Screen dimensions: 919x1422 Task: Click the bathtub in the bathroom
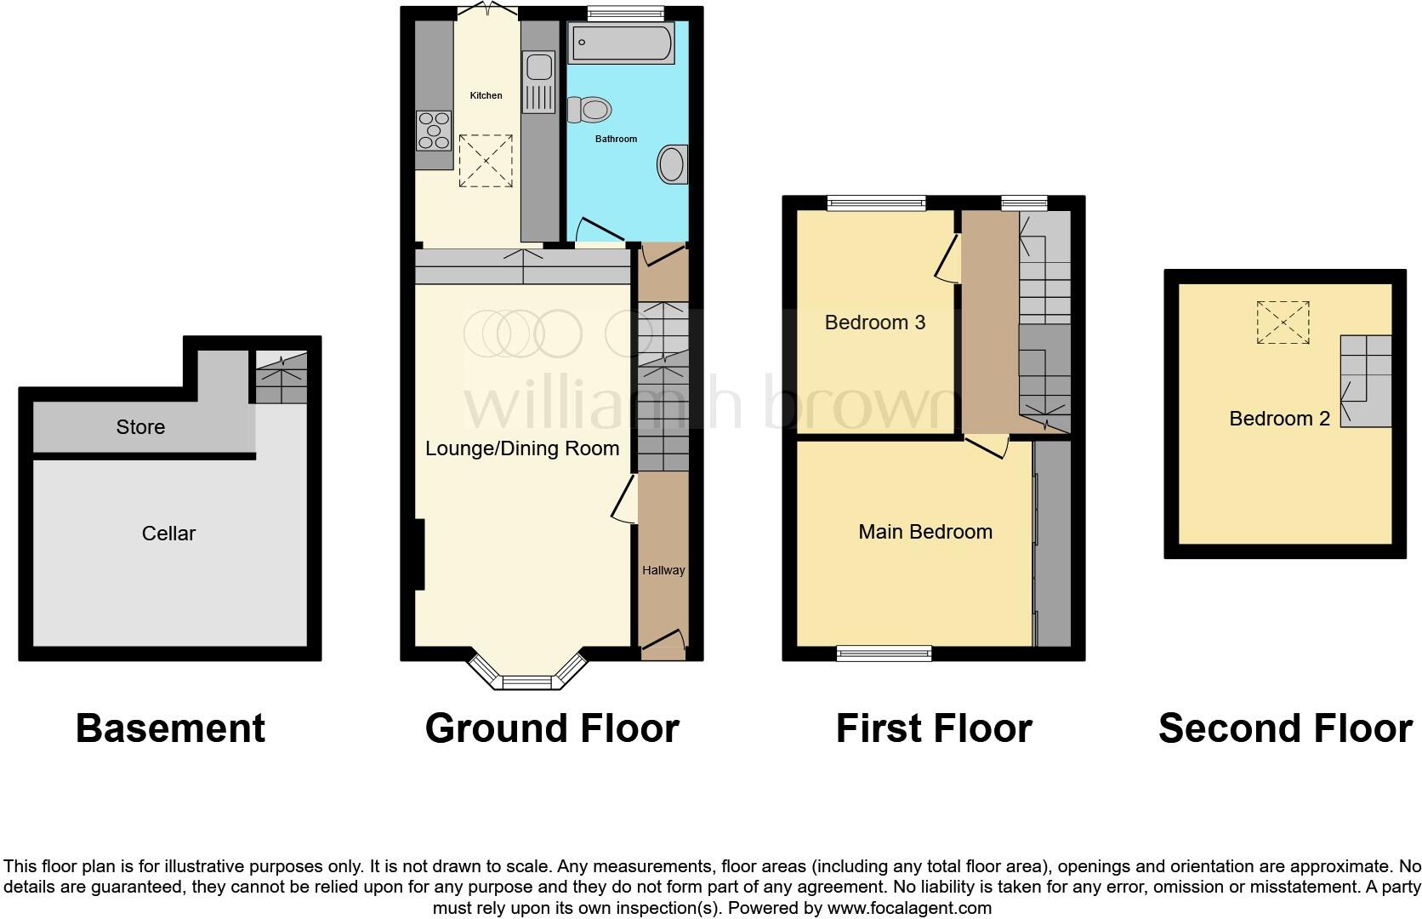pyautogui.click(x=621, y=43)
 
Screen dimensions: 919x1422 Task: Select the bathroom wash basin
pyautogui.click(x=672, y=164)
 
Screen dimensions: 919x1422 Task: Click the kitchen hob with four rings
pyautogui.click(x=434, y=131)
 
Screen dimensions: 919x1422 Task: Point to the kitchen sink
pyautogui.click(x=539, y=68)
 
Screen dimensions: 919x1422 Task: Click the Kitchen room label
pyautogui.click(x=486, y=95)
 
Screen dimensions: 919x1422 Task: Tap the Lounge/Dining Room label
pyautogui.click(x=522, y=448)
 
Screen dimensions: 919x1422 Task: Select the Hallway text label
pyautogui.click(x=663, y=570)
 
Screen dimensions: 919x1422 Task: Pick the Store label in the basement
pyautogui.click(x=140, y=427)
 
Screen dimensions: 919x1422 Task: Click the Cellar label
pyautogui.click(x=168, y=534)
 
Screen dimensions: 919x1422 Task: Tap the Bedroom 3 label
pyautogui.click(x=875, y=323)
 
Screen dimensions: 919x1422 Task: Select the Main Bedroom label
pyautogui.click(x=925, y=532)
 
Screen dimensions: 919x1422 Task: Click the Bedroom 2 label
pyautogui.click(x=1279, y=419)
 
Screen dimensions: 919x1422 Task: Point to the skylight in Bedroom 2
pyautogui.click(x=1283, y=322)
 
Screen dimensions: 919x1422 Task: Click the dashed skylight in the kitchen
pyautogui.click(x=486, y=160)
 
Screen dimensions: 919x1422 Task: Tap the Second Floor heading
pyautogui.click(x=1284, y=728)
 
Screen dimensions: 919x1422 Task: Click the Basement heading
pyautogui.click(x=170, y=728)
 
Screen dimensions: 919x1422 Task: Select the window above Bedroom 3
pyautogui.click(x=876, y=203)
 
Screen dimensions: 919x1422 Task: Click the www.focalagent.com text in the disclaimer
pyautogui.click(x=909, y=908)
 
